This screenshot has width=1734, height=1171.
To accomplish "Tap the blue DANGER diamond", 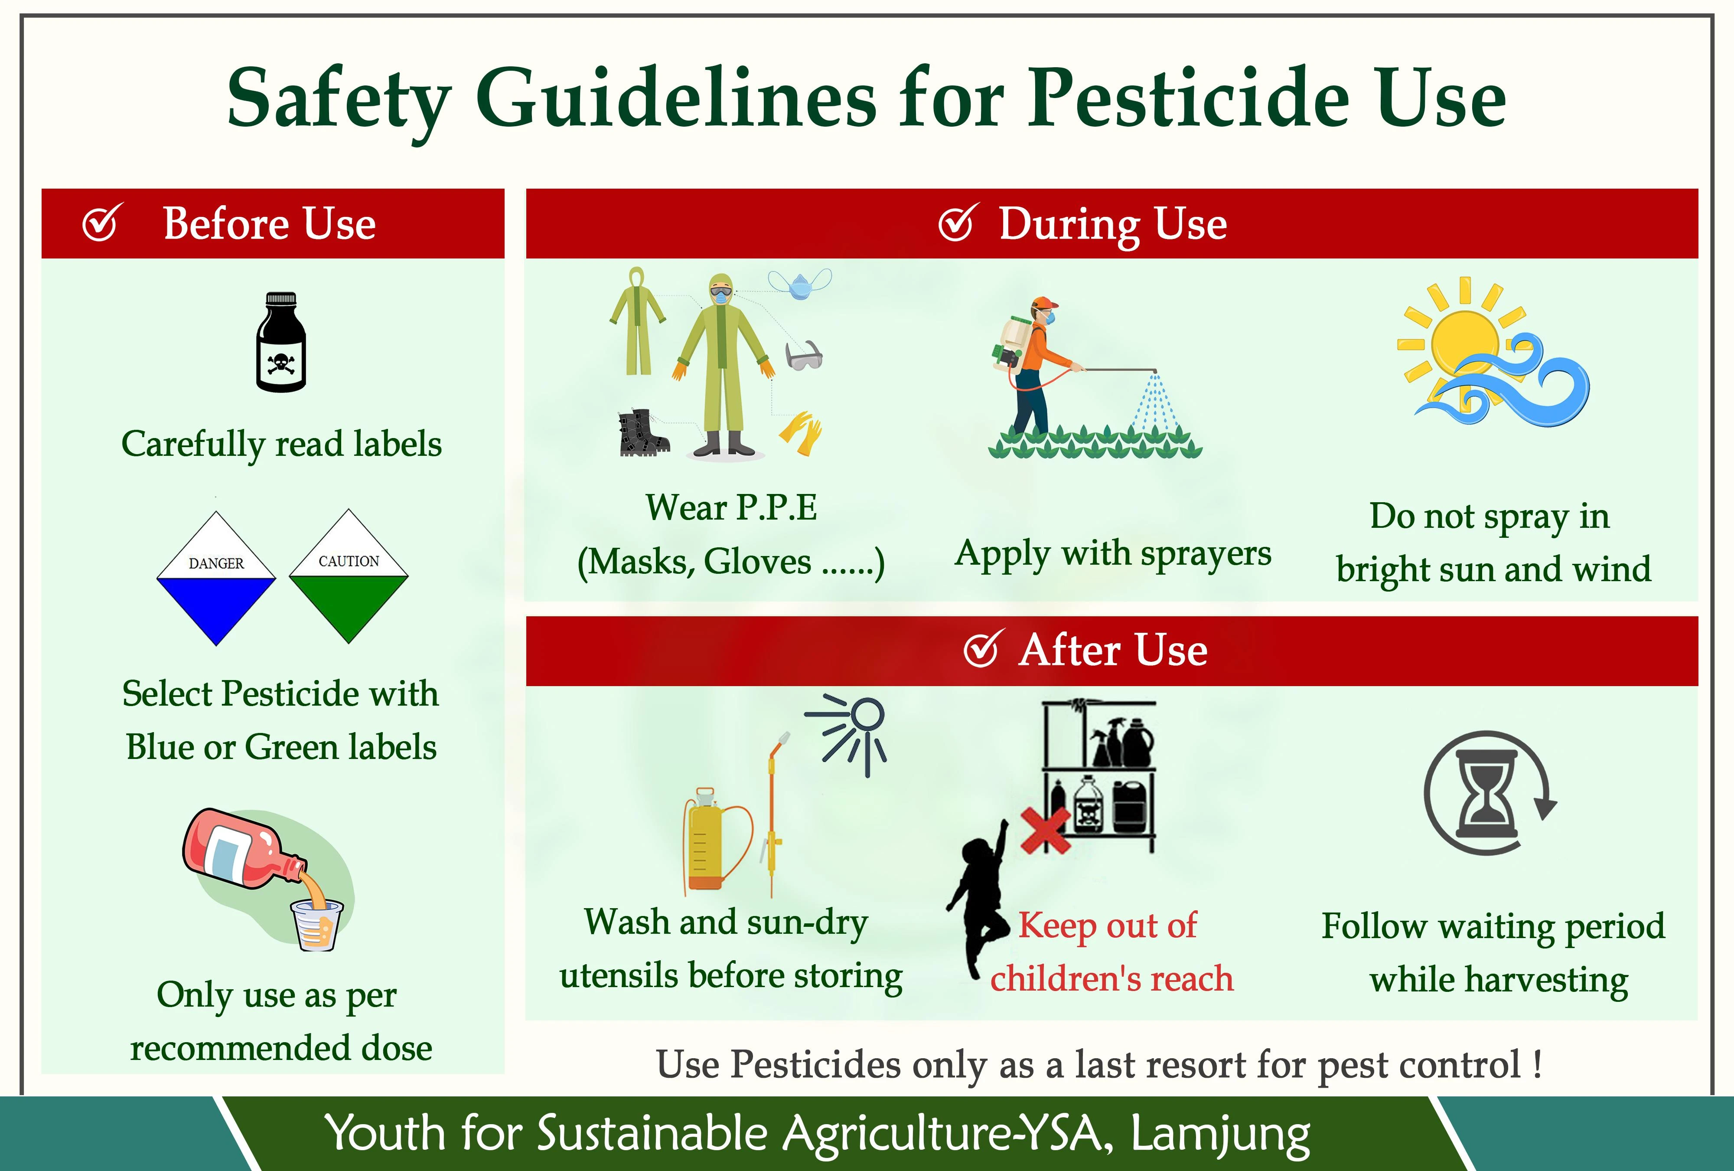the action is (216, 579).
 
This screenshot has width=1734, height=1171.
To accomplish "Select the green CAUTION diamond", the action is (349, 576).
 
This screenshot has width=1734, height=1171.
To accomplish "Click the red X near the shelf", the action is (1045, 830).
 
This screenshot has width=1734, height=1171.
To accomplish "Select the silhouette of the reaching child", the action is (978, 903).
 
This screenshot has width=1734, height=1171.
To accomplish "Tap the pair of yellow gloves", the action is (801, 433).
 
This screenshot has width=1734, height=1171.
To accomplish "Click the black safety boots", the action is (643, 433).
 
